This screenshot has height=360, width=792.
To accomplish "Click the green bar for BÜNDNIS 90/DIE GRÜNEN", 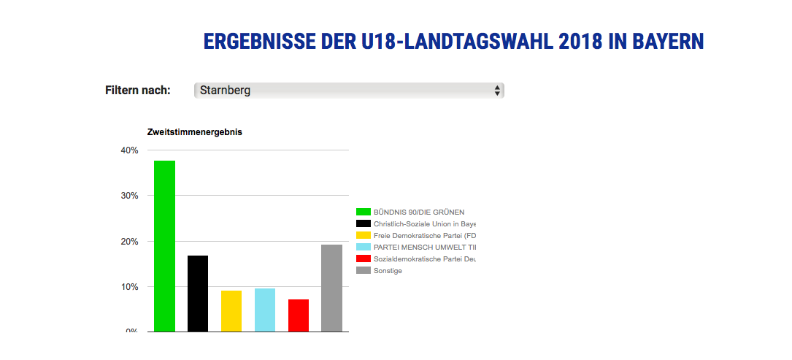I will (x=164, y=246).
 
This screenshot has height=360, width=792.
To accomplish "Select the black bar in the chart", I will (x=198, y=294).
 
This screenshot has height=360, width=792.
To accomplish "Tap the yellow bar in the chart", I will (x=231, y=311).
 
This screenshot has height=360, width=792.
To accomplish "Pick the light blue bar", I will (x=265, y=310).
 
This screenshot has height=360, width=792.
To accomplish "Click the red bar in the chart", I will (x=299, y=315).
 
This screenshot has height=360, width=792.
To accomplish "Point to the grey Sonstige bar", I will (x=332, y=288).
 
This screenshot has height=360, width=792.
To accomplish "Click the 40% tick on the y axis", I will (x=129, y=150).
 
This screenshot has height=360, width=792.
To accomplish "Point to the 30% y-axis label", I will (x=129, y=196).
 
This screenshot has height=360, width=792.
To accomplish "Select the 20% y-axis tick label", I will (x=129, y=242).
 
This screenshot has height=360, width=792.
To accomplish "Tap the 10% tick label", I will (x=129, y=287).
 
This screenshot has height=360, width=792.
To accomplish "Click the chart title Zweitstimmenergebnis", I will (x=195, y=132).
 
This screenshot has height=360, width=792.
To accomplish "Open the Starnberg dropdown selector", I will (x=349, y=91).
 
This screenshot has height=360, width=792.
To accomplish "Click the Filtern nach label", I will (x=138, y=91).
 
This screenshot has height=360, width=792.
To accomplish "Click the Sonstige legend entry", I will (x=388, y=271).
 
